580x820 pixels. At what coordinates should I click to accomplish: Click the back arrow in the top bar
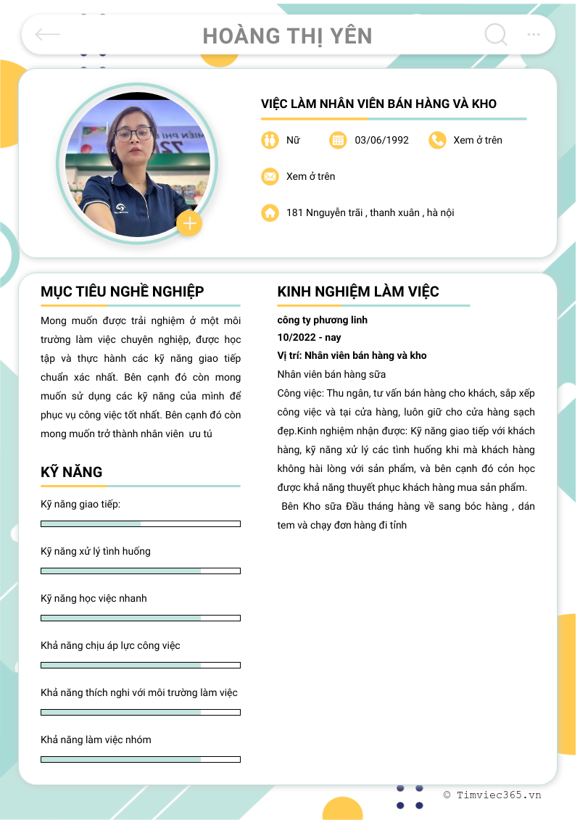(48, 34)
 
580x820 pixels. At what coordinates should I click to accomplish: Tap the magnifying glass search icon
(496, 34)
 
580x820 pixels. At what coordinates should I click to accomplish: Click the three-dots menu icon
(534, 34)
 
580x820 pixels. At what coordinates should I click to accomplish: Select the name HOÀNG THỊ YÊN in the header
(287, 36)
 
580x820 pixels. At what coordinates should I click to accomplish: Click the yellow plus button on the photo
(189, 223)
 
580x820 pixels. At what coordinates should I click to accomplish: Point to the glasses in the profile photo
(134, 133)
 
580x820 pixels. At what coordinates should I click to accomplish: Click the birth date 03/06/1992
(381, 140)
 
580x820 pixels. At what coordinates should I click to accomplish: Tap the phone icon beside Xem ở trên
(436, 140)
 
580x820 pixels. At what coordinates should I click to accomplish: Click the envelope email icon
(270, 176)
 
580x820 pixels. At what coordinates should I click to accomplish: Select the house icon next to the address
(270, 212)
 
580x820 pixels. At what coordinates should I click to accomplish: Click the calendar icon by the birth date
(338, 140)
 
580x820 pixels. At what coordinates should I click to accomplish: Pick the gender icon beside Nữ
(270, 140)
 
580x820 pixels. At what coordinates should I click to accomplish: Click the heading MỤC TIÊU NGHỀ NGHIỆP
(123, 291)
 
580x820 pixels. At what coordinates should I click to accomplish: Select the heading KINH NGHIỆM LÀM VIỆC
(358, 291)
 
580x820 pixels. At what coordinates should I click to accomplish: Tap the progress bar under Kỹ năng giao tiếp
(141, 523)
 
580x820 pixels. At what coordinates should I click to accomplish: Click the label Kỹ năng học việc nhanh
(94, 598)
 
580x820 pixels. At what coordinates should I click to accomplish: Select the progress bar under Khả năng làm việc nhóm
(141, 759)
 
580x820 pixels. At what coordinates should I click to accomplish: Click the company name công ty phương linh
(322, 320)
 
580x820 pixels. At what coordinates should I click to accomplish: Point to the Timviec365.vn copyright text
(492, 795)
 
